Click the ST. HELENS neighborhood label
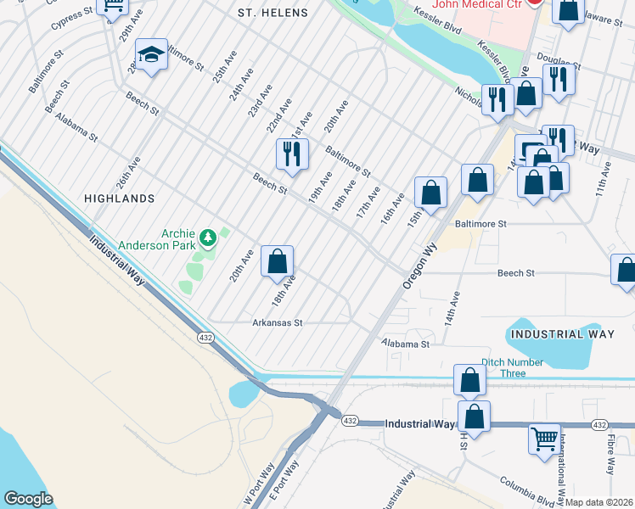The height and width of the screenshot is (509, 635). (270, 13)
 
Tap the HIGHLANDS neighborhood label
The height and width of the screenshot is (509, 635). (120, 198)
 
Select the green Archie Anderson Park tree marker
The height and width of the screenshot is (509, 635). (207, 235)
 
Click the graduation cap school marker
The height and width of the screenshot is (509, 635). (151, 56)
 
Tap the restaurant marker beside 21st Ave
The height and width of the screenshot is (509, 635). (291, 154)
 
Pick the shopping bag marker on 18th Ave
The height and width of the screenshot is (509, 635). (277, 261)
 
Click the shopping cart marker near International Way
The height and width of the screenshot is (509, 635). (544, 439)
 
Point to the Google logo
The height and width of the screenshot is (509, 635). (29, 499)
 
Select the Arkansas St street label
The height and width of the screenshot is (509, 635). (278, 323)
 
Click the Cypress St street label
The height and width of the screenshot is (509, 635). (71, 17)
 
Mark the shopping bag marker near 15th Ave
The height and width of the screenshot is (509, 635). (431, 193)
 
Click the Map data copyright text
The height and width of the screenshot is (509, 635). (598, 502)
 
